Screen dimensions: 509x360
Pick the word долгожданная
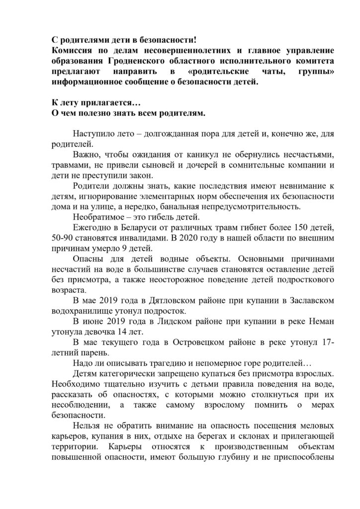pos(170,134)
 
